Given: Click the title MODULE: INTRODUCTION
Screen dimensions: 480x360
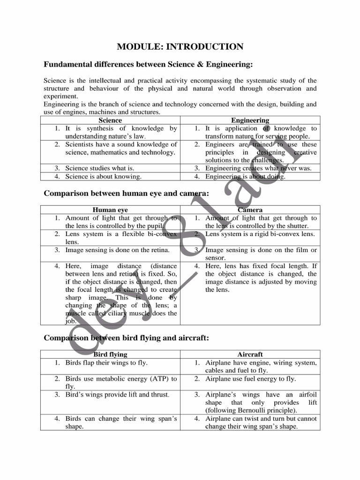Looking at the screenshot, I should (180, 46).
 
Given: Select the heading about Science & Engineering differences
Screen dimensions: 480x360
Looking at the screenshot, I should (148, 64).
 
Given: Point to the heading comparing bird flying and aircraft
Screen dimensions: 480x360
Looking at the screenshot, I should (126, 337).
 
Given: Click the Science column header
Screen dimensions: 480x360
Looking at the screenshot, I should (110, 120).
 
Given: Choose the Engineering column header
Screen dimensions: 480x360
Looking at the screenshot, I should (250, 120).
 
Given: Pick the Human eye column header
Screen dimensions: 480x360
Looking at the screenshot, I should (110, 210).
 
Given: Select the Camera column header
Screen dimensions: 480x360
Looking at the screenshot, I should (250, 210).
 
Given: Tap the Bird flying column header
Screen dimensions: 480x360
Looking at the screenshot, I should (110, 354).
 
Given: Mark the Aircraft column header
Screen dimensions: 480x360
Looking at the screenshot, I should (250, 354).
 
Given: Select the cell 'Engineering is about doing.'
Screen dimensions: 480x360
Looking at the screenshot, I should (245, 177).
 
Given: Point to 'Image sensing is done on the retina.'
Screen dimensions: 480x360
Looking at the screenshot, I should (117, 250).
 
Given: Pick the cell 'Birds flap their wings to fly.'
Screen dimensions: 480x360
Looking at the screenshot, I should (110, 362).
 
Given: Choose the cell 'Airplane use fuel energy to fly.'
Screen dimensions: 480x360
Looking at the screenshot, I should (250, 378).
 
